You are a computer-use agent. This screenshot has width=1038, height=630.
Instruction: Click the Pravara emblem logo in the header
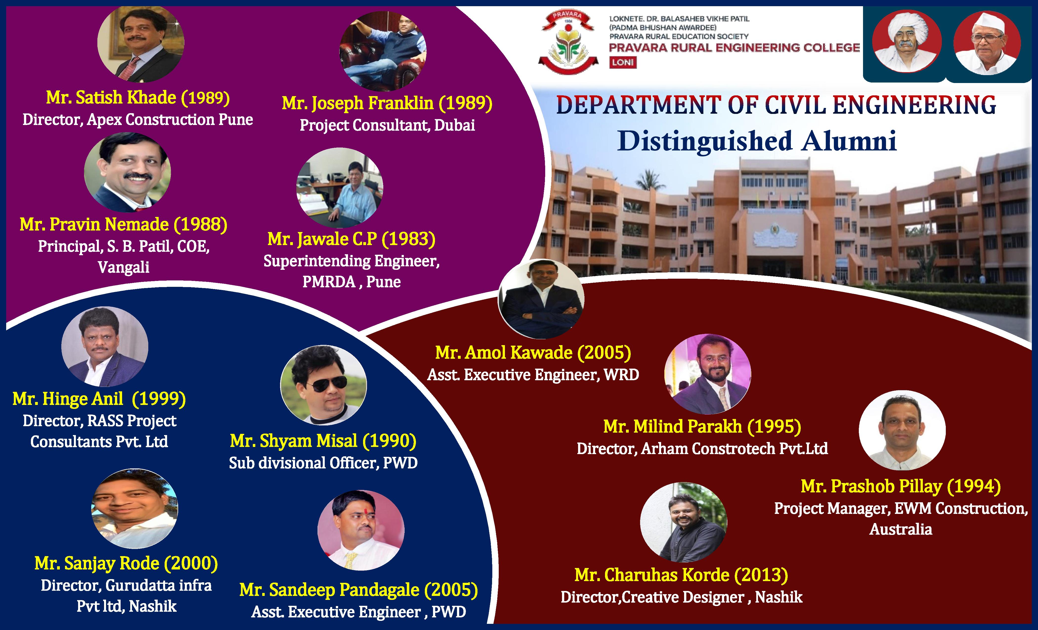[x=568, y=42]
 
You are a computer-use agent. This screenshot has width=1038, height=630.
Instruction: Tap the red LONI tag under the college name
[x=623, y=62]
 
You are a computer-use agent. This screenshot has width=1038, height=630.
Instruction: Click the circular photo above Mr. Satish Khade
[x=141, y=43]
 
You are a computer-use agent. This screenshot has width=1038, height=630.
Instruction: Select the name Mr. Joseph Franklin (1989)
[x=387, y=103]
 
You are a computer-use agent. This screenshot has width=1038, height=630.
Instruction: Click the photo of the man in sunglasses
[x=324, y=385]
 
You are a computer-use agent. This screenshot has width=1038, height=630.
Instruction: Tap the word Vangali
[x=123, y=267]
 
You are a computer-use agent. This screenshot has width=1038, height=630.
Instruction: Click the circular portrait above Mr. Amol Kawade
[x=541, y=299]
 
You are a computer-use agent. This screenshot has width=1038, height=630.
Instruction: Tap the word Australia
[x=901, y=529]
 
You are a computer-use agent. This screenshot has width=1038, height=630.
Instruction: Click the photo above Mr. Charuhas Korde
[x=683, y=522]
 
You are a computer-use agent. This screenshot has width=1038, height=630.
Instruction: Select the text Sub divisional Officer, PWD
[x=323, y=463]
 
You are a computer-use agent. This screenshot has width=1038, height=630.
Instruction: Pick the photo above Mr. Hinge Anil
[x=105, y=346]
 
